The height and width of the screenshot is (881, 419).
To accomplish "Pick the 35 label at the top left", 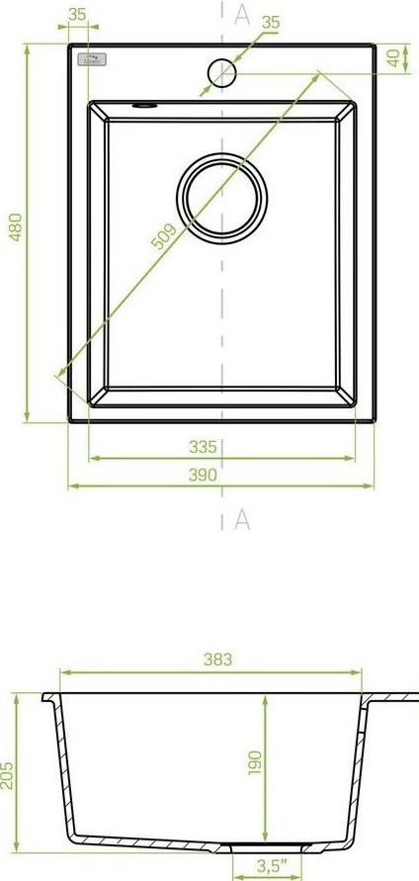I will [79, 14].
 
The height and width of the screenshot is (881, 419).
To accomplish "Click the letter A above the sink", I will [241, 13].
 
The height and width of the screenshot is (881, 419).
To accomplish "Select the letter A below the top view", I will [241, 520].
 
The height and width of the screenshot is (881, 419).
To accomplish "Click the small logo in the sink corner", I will [91, 61].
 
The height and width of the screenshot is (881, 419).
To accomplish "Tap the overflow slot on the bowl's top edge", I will [144, 102].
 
